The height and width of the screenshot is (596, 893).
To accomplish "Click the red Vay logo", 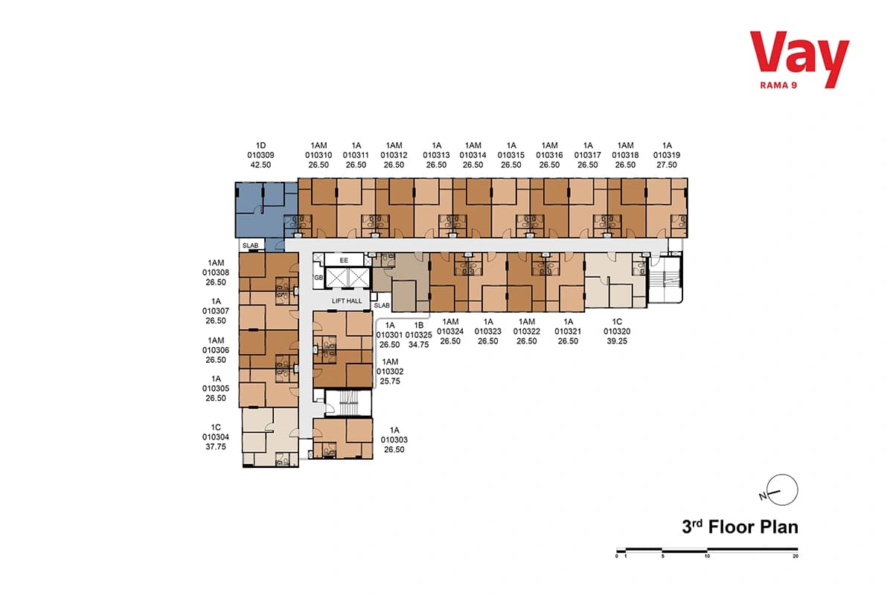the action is click(799, 59).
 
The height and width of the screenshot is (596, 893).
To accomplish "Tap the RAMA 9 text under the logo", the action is click(778, 86).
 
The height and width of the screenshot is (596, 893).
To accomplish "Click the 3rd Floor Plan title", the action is click(740, 527).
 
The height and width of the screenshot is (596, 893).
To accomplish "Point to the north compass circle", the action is click(782, 489).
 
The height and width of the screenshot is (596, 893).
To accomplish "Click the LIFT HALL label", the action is click(347, 301).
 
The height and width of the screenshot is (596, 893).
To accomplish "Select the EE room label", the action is click(344, 260).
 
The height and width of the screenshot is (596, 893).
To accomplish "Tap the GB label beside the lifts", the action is click(319, 277).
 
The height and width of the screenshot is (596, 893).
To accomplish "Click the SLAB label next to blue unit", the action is click(250, 246).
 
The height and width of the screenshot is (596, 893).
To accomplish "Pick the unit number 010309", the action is click(260, 155).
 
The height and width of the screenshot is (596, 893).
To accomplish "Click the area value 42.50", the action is click(260, 165).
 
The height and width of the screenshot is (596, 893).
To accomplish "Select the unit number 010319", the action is click(667, 155).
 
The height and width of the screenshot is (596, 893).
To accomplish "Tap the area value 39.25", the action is click(617, 341).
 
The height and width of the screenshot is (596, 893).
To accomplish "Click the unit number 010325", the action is click(418, 335).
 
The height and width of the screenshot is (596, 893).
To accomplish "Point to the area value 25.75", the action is click(390, 381).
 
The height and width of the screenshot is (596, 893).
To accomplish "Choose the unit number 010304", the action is click(216, 437).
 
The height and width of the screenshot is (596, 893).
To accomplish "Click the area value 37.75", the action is click(216, 447).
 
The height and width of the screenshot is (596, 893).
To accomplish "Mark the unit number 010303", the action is click(394, 440).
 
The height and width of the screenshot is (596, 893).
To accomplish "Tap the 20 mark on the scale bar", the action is click(796, 556).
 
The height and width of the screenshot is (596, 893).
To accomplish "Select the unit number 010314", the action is click(473, 155).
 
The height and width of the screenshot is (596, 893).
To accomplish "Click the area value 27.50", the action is click(667, 165).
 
